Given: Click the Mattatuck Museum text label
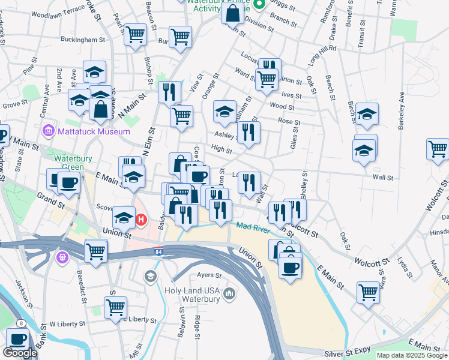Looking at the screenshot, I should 94,131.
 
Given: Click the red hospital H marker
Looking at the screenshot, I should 142,220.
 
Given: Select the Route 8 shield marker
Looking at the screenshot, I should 22,323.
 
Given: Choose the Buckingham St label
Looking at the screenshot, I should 83,40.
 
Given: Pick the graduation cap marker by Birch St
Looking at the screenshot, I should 367,113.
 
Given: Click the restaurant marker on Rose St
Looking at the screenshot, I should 249,131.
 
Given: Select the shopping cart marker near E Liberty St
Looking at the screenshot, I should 115,307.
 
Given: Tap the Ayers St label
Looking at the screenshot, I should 209,275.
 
